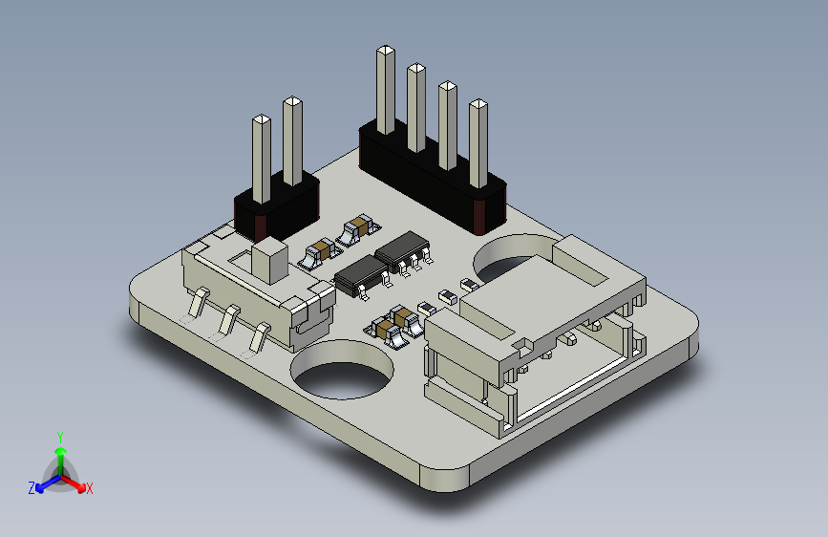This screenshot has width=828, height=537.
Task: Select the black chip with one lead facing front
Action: coord(359,274)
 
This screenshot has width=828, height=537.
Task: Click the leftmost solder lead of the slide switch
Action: coord(197,304)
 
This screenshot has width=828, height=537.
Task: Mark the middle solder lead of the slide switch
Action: coord(228,318)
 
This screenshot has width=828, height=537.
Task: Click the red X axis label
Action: coord(89,488)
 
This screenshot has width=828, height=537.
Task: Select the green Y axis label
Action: coord(59,436)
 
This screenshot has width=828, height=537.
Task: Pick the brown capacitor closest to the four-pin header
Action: coord(357,226)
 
